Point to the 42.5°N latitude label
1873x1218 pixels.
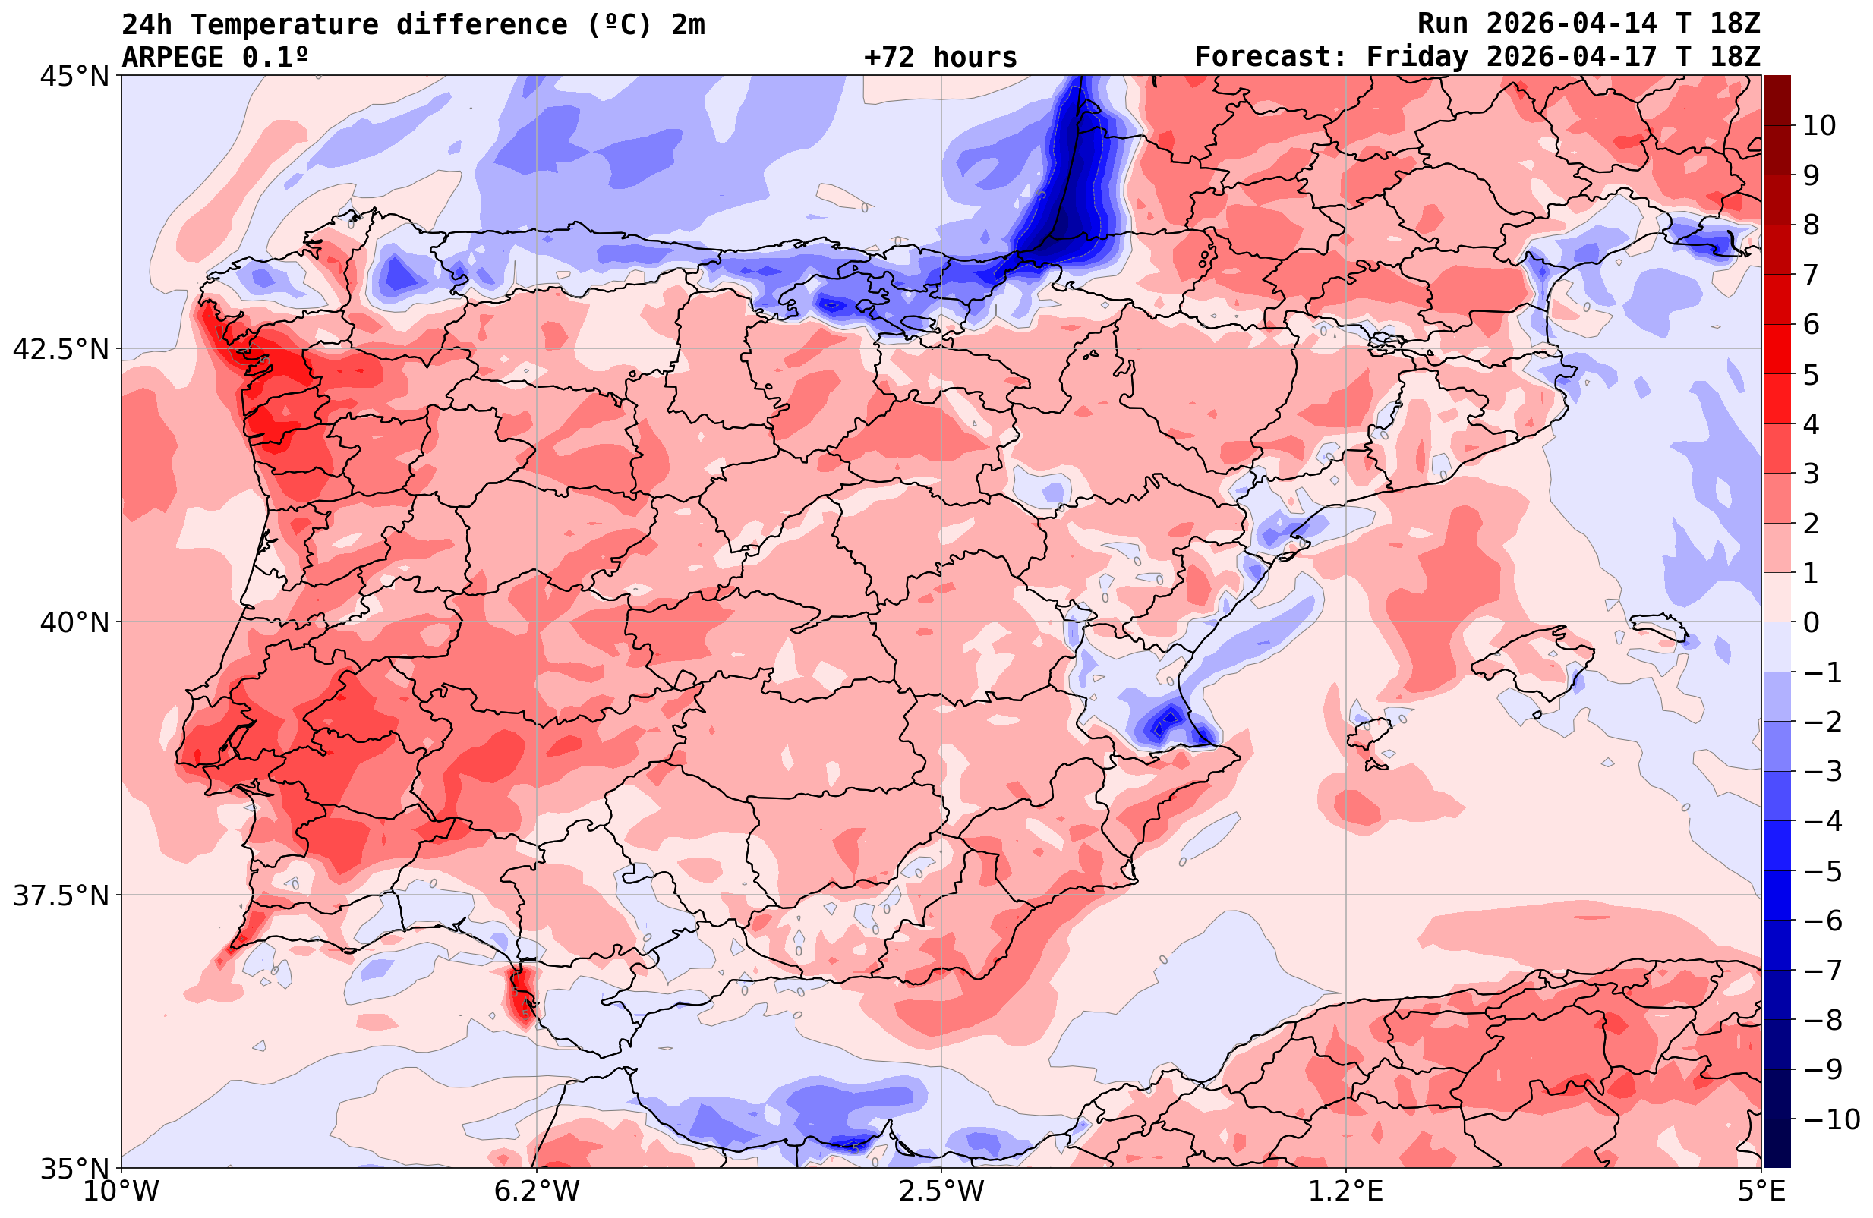(61, 349)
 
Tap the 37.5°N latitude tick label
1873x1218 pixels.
(61, 895)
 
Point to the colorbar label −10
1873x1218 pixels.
(1830, 1119)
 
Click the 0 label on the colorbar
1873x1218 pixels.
(1811, 622)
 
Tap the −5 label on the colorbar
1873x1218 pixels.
(1822, 871)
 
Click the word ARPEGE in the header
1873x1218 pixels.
(173, 58)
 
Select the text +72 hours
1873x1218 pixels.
(941, 58)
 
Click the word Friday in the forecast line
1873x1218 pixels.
(1417, 58)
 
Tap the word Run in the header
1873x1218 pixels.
(1443, 24)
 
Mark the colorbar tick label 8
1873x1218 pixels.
(1811, 225)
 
